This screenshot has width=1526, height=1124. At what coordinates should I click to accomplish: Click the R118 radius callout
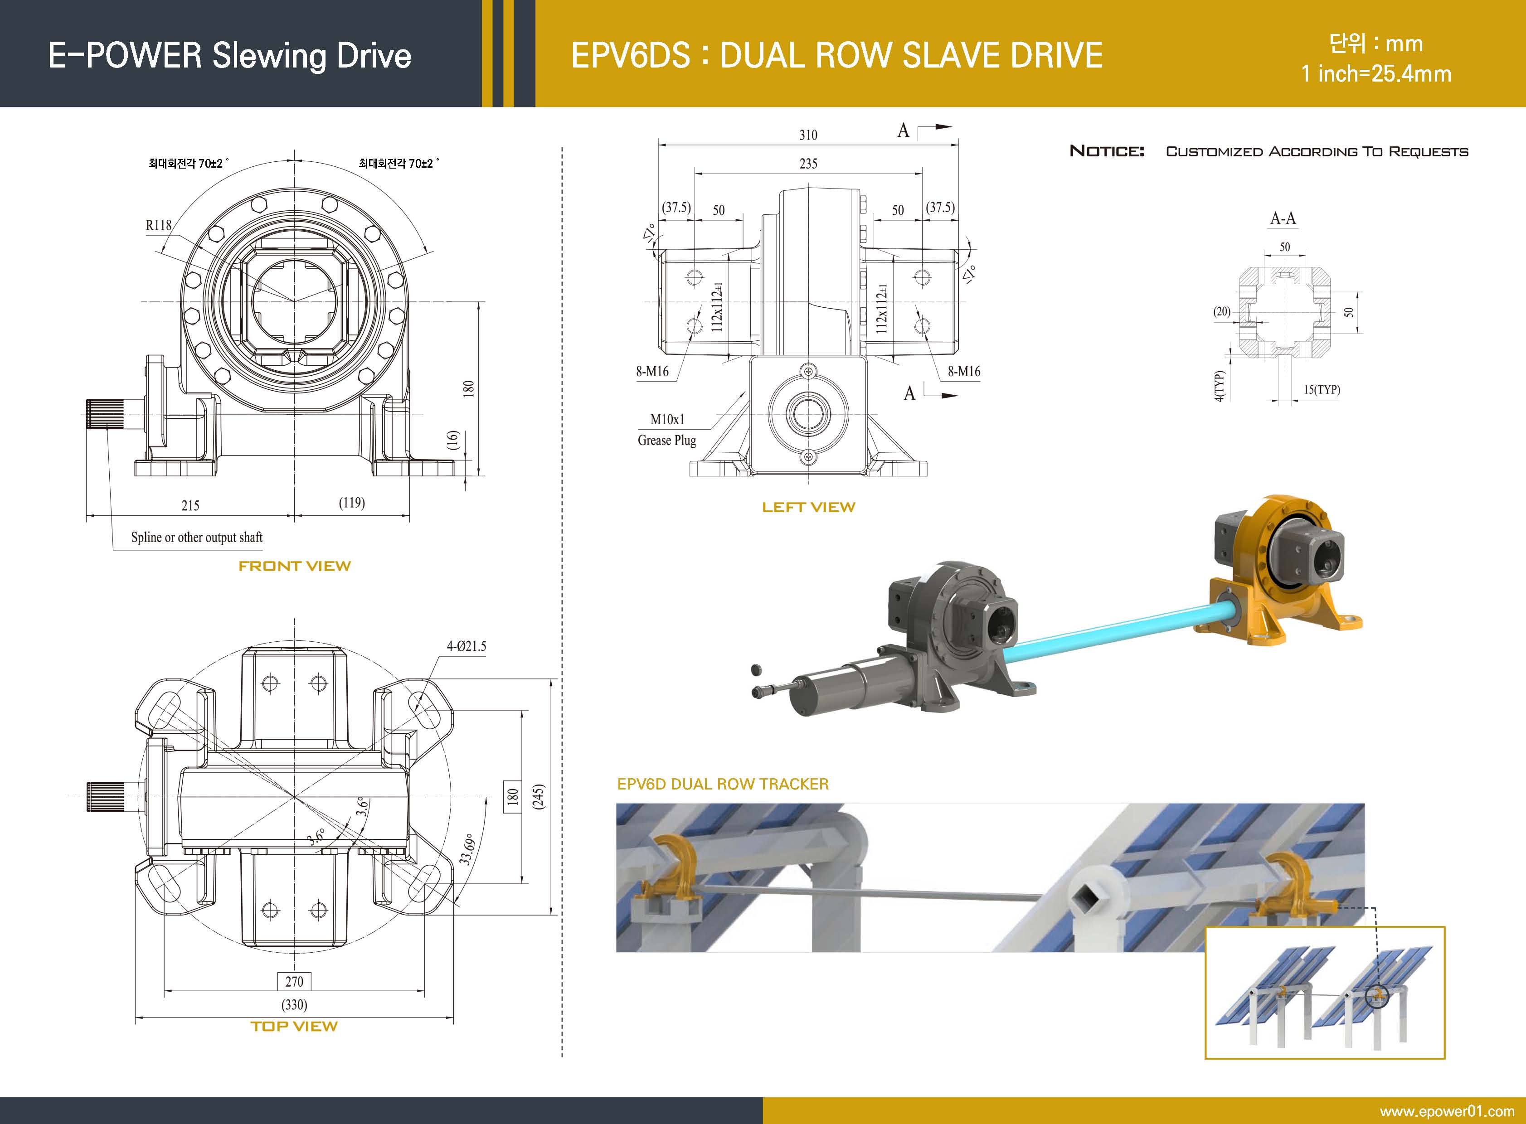159,225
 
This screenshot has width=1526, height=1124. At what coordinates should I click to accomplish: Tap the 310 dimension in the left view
808,135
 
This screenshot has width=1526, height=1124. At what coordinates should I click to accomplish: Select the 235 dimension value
808,163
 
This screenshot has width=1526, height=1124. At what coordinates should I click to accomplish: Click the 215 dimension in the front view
190,505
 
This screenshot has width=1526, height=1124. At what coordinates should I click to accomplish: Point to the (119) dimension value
352,503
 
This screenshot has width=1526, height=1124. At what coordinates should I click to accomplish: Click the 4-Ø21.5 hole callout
466,646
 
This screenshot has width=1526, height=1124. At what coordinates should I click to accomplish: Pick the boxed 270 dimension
294,981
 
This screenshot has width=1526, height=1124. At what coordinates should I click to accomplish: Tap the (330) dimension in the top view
294,1004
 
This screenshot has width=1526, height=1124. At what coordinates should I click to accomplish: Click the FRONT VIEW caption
294,566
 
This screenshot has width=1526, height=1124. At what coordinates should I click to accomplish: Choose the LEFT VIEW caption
808,507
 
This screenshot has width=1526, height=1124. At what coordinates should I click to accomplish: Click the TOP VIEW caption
294,1026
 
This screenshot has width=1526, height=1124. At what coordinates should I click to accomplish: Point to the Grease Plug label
666,440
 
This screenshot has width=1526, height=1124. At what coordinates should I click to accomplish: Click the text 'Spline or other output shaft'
197,538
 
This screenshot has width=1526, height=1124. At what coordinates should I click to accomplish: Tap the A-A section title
1283,218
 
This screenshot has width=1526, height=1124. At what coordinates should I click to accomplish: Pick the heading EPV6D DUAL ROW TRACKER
723,784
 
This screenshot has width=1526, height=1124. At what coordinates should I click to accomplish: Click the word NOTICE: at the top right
1107,151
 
